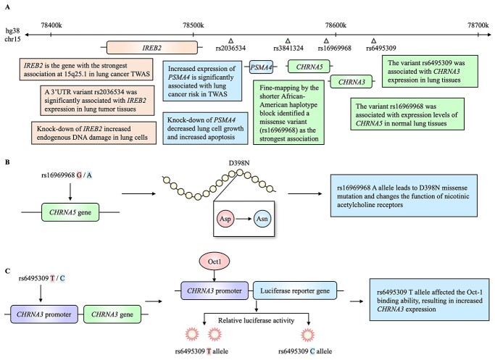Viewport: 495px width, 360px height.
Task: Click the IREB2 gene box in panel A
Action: [152, 47]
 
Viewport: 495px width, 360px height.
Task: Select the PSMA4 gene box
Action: [262, 67]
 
